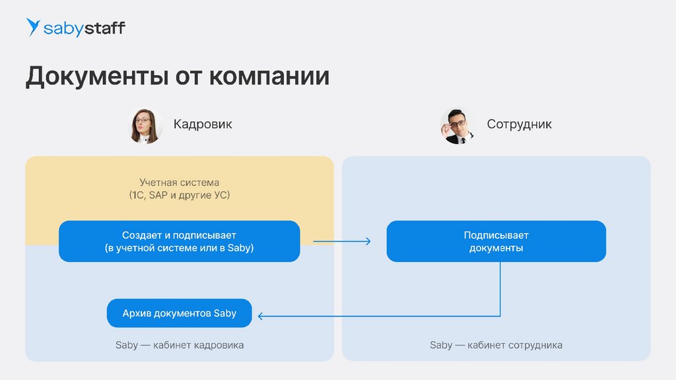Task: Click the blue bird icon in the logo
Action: click(x=33, y=27)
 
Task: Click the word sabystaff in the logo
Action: click(x=84, y=28)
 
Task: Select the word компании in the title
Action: click(x=269, y=77)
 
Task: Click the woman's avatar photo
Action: click(x=146, y=125)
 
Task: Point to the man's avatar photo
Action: click(x=457, y=125)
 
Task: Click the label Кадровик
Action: click(x=203, y=124)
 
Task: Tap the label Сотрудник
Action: click(x=519, y=124)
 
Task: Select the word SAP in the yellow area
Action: click(x=159, y=195)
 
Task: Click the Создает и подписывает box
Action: click(x=179, y=241)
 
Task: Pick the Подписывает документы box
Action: click(x=496, y=241)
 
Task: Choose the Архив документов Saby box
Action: click(x=179, y=313)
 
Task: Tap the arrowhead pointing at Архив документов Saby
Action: click(x=261, y=317)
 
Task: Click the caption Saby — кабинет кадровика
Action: click(x=179, y=345)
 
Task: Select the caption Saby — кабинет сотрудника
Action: click(x=496, y=345)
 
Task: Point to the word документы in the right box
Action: click(x=496, y=249)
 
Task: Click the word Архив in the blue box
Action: click(x=137, y=313)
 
